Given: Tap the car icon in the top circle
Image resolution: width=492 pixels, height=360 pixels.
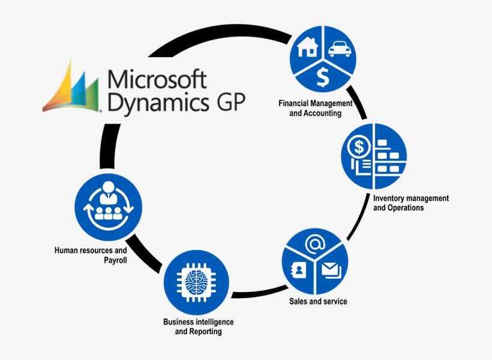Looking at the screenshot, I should click(338, 47).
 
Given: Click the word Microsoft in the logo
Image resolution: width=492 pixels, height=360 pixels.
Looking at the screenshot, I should click(156, 79).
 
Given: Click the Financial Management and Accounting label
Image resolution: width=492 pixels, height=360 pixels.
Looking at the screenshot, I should click(315, 108).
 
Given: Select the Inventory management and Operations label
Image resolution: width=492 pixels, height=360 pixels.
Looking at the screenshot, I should click(410, 203).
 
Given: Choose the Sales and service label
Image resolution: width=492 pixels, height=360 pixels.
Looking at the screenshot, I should click(318, 301).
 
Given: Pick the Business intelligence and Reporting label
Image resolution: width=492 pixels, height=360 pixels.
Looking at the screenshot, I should click(199, 326).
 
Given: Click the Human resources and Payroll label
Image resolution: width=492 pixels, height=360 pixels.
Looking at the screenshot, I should click(91, 255).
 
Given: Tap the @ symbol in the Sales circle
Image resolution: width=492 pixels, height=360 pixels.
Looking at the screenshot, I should click(314, 244).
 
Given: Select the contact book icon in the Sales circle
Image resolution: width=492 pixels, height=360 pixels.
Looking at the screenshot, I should click(298, 270).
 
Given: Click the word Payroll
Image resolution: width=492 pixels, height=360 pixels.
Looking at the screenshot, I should click(114, 260).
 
